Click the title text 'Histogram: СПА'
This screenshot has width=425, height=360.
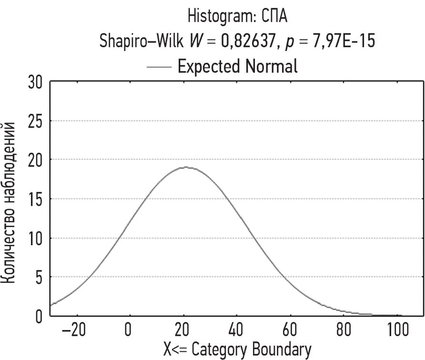point(237,17)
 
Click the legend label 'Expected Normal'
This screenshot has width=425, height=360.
point(237,66)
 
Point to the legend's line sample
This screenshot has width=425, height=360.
point(159,67)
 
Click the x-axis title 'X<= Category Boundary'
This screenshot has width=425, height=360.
point(237,350)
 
